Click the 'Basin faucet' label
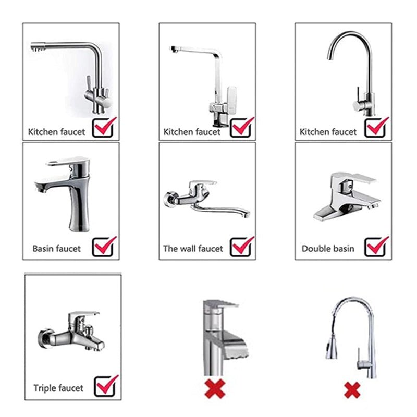(57, 249)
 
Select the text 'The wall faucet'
(193, 249)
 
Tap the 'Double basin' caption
(328, 249)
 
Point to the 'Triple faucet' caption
(58, 388)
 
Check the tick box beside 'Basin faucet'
(104, 247)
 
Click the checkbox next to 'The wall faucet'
(242, 247)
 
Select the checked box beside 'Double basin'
(376, 247)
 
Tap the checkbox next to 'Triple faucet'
(106, 385)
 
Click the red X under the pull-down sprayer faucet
(353, 388)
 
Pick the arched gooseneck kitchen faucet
(354, 73)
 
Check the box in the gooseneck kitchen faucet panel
(376, 127)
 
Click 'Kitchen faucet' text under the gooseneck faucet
(328, 132)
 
